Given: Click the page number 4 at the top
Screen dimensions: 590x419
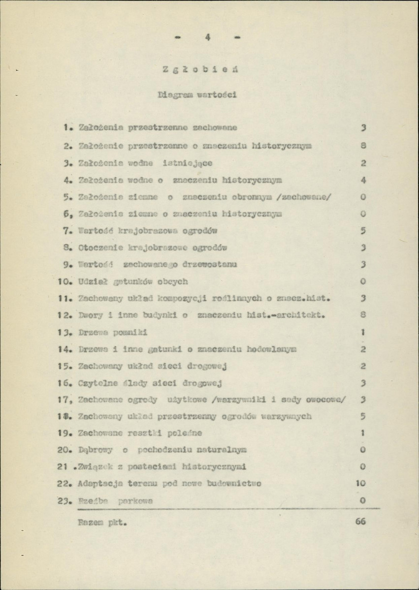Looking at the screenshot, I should (208, 36).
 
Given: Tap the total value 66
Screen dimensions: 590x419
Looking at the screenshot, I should (360, 522).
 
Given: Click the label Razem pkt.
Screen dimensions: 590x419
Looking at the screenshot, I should (103, 523).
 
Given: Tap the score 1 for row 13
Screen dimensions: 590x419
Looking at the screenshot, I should (362, 332).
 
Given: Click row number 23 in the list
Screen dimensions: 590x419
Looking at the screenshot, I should (65, 500).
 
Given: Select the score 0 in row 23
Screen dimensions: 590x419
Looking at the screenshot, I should (362, 500).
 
